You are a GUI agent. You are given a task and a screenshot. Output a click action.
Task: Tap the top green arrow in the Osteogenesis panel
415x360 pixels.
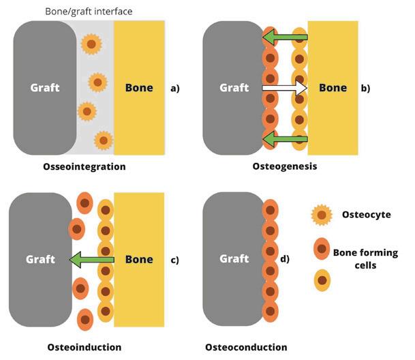tap(286, 37)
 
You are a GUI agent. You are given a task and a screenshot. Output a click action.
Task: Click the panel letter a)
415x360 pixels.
tap(175, 88)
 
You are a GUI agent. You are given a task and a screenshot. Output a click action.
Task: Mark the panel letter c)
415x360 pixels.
tap(175, 260)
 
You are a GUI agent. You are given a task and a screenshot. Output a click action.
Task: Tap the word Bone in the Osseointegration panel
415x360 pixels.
tap(139, 88)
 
